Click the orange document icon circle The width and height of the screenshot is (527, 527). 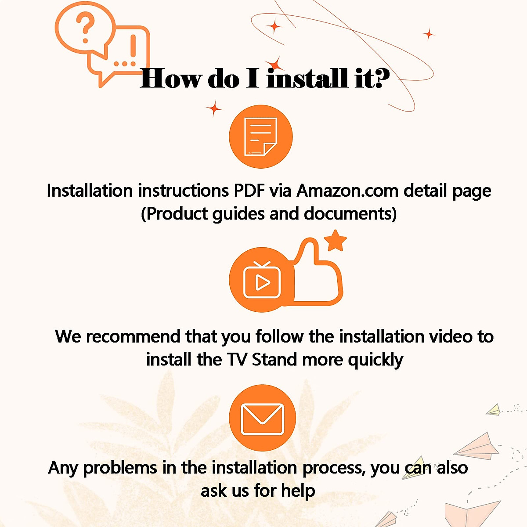click(261, 137)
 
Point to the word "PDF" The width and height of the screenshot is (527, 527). click(249, 191)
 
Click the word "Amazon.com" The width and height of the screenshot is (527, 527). click(347, 191)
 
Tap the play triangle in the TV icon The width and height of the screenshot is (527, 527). click(262, 282)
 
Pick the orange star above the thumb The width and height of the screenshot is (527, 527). click(336, 240)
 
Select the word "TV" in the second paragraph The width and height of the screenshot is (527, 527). click(237, 360)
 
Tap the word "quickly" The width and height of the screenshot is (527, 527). click(375, 360)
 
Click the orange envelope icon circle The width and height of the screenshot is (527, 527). click(262, 418)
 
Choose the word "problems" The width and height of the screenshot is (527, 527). click(120, 468)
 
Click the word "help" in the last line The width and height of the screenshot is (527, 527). click(298, 491)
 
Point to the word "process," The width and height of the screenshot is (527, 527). click(334, 468)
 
